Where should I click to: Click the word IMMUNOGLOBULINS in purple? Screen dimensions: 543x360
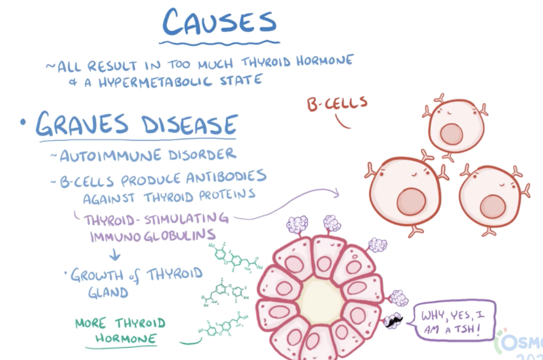pyautogui.click(x=153, y=235)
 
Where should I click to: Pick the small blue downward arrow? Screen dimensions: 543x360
pyautogui.click(x=115, y=256)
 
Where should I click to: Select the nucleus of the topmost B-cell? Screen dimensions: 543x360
pyautogui.click(x=451, y=134)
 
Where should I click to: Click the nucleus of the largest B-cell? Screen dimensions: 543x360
pyautogui.click(x=411, y=202)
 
